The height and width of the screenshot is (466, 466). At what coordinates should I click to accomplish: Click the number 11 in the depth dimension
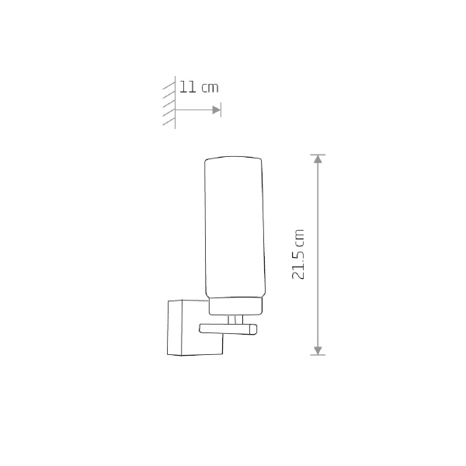pos(188,87)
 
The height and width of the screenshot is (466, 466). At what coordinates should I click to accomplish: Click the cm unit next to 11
pos(210,89)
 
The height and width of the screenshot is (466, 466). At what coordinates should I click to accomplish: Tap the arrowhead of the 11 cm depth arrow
pos(217,110)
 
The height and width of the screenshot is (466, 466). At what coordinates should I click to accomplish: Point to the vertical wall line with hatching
pos(175,103)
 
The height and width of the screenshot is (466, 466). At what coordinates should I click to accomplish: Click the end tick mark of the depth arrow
pos(221,110)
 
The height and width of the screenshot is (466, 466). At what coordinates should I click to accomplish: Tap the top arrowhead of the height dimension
pos(318,159)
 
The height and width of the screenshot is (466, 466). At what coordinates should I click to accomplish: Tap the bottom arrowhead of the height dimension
pos(318,350)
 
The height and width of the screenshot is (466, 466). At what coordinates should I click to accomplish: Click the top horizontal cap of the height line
pos(318,155)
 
